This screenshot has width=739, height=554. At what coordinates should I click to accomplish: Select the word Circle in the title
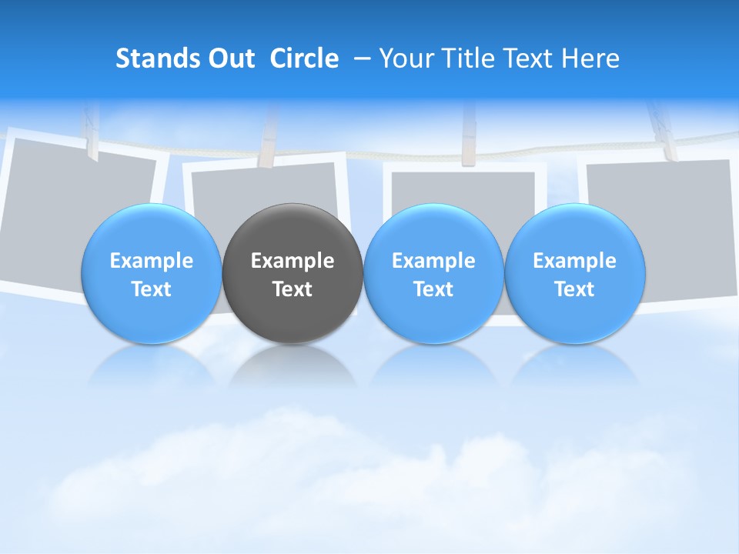(x=304, y=58)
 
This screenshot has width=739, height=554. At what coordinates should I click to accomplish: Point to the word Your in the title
(x=406, y=58)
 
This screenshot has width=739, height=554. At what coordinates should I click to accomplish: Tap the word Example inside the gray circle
(x=293, y=261)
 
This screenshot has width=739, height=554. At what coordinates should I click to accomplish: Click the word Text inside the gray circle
(x=293, y=289)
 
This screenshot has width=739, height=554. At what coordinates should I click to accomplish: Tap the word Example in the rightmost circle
(x=575, y=261)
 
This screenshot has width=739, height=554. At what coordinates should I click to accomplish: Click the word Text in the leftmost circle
(x=152, y=289)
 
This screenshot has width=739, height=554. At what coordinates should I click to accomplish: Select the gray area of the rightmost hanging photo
(x=670, y=192)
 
